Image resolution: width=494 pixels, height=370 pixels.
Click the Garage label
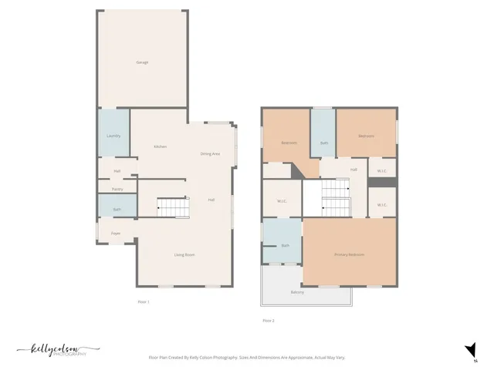click(x=142, y=62)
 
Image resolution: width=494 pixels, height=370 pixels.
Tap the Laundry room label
click(x=113, y=136)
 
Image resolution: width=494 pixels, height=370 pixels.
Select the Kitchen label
click(x=160, y=146)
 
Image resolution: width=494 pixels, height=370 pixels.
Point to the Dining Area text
click(x=210, y=154)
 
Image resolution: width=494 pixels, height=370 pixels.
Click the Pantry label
click(x=117, y=189)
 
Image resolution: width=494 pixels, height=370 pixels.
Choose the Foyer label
click(x=116, y=233)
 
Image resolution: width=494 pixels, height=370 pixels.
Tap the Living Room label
click(x=184, y=254)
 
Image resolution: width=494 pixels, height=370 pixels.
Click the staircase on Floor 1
click(x=173, y=207)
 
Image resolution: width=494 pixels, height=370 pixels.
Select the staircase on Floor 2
click(x=335, y=197)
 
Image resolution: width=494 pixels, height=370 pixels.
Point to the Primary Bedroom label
click(x=349, y=254)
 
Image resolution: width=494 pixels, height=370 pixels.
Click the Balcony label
click(x=297, y=292)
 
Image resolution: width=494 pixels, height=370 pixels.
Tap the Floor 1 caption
click(x=142, y=301)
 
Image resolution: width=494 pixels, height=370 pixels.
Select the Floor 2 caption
click(x=268, y=319)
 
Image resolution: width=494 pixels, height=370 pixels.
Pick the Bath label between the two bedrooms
click(x=324, y=143)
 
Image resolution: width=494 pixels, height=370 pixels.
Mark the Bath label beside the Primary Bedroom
click(x=285, y=245)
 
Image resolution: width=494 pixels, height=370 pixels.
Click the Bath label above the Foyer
click(x=117, y=209)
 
